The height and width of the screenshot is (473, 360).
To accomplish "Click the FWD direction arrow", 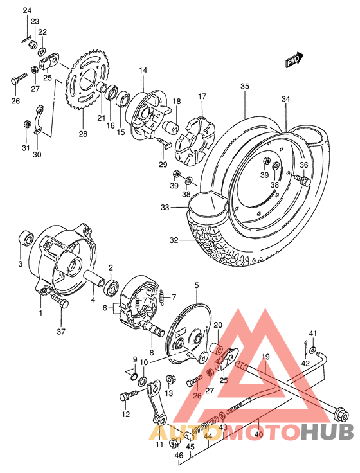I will click(295, 60).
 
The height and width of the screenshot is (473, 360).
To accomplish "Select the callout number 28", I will click(82, 134).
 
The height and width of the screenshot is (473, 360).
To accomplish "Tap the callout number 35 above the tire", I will click(244, 87).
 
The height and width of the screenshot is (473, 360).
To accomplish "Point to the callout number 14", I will click(143, 70).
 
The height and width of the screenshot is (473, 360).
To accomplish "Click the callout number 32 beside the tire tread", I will click(173, 240).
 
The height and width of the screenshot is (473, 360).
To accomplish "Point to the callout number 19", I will click(265, 357).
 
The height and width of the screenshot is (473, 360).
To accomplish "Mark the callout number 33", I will click(165, 208).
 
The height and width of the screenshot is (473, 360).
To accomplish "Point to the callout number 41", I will click(313, 332).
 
